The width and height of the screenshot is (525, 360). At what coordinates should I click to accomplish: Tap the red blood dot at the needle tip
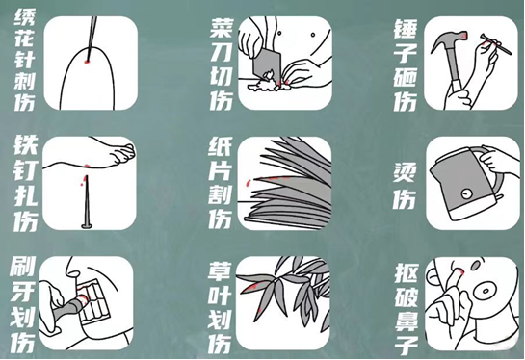coord(87,61)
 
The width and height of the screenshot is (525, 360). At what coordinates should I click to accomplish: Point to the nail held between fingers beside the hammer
coord(496,44)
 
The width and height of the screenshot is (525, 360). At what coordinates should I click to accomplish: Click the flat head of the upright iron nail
coord(87,226)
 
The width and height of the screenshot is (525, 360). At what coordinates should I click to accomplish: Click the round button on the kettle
coord(465,193)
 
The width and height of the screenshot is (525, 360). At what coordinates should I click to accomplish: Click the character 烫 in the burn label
coord(405,173)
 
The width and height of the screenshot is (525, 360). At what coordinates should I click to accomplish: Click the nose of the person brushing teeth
coord(72,268)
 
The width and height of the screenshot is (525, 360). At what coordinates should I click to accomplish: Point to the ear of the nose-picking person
coord(433,278)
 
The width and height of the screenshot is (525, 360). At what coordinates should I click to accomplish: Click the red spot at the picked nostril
coord(459,270)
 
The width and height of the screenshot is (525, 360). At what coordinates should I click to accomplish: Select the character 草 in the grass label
coord(220,272)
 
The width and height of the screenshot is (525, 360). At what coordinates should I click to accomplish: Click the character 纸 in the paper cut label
coord(220,148)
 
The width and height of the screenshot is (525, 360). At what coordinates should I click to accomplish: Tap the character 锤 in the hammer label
coord(406,29)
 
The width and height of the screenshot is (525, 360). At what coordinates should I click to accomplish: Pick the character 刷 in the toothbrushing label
coord(23,267)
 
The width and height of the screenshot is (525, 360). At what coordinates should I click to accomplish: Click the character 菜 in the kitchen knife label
coord(221,29)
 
